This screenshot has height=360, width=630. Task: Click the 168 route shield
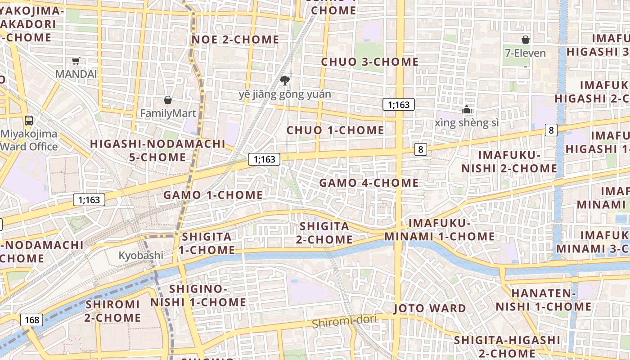pyautogui.click(x=32, y=320)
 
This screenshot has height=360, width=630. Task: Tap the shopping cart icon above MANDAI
pyautogui.click(x=76, y=61)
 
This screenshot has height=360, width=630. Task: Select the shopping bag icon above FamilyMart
pyautogui.click(x=168, y=100)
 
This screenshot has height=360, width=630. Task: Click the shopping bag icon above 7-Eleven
pyautogui.click(x=525, y=40)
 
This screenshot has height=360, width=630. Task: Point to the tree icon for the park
pyautogui.click(x=284, y=81)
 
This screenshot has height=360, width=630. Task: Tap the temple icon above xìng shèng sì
pyautogui.click(x=466, y=109)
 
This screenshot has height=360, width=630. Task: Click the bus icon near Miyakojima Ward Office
pyautogui.click(x=29, y=120)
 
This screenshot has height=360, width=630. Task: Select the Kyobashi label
pyautogui.click(x=141, y=256)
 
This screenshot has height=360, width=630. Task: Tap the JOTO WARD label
pyautogui.click(x=430, y=308)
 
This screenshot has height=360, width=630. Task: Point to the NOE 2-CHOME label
pyautogui.click(x=235, y=40)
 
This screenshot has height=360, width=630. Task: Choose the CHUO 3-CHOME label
pyautogui.click(x=370, y=62)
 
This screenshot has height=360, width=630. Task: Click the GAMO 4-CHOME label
pyautogui.click(x=369, y=183)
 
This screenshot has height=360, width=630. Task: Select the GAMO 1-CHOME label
pyautogui.click(x=213, y=195)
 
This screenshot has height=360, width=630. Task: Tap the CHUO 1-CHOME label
pyautogui.click(x=335, y=130)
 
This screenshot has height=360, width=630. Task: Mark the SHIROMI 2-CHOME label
pyautogui.click(x=113, y=311)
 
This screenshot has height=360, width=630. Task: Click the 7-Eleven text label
pyautogui.click(x=525, y=53)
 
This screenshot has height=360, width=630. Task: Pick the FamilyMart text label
pyautogui.click(x=168, y=113)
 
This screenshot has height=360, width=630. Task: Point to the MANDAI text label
pyautogui.click(x=76, y=74)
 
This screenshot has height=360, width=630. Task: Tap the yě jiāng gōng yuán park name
pyautogui.click(x=284, y=94)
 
